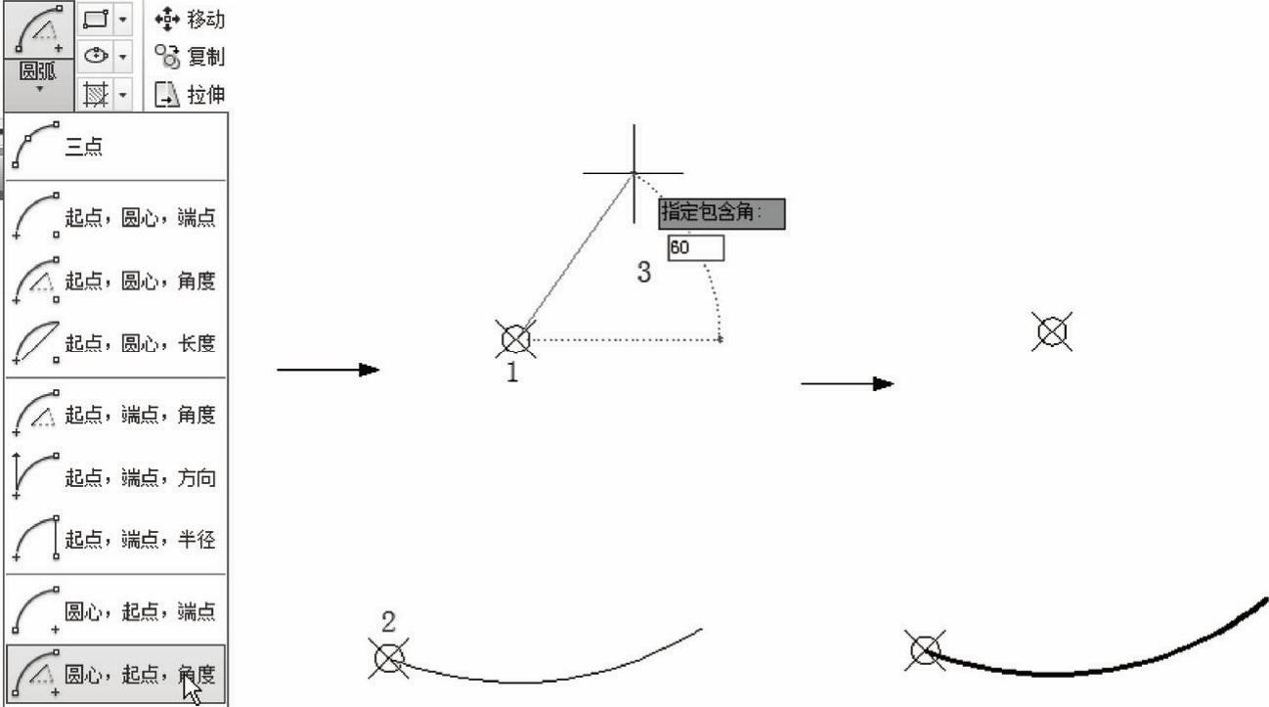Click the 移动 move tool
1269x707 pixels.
[190, 20]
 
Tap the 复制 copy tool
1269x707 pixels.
[190, 57]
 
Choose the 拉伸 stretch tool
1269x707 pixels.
[190, 94]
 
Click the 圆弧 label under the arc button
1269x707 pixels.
[38, 71]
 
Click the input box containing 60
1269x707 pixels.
[696, 247]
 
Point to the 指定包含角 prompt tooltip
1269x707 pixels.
[722, 213]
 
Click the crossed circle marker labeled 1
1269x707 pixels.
[515, 338]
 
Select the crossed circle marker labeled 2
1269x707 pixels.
[389, 658]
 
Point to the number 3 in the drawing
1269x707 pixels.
[643, 272]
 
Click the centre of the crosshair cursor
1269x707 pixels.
[634, 173]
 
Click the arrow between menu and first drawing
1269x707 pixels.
[328, 370]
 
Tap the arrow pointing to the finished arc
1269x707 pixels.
[848, 384]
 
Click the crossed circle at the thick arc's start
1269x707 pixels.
[925, 649]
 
